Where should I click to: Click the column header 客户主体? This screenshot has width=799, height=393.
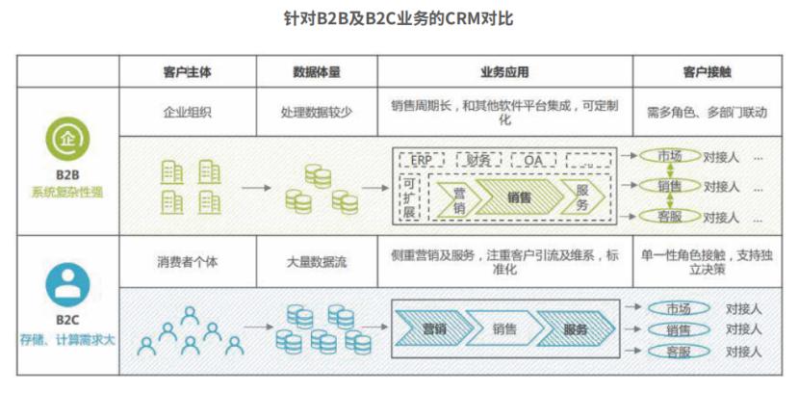coord(188,72)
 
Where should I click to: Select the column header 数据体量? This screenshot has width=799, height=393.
coord(317,72)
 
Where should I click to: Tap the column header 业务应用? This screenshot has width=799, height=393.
coord(504,72)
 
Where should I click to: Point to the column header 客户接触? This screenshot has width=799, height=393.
coord(707,72)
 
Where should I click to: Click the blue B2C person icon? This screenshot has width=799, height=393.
coord(66,285)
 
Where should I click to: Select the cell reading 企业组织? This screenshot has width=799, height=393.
coord(188,112)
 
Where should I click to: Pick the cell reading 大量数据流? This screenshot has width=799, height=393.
coord(317,260)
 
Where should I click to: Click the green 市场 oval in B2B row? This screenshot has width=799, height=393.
coord(664,156)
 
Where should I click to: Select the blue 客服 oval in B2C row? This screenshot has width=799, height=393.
coord(678,352)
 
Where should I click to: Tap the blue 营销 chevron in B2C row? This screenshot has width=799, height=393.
coord(433,329)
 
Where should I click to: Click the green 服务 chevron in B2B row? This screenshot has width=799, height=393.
coord(582,197)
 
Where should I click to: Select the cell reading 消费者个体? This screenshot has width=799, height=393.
coord(188,260)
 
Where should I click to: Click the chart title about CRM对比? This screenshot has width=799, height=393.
coord(400,19)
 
